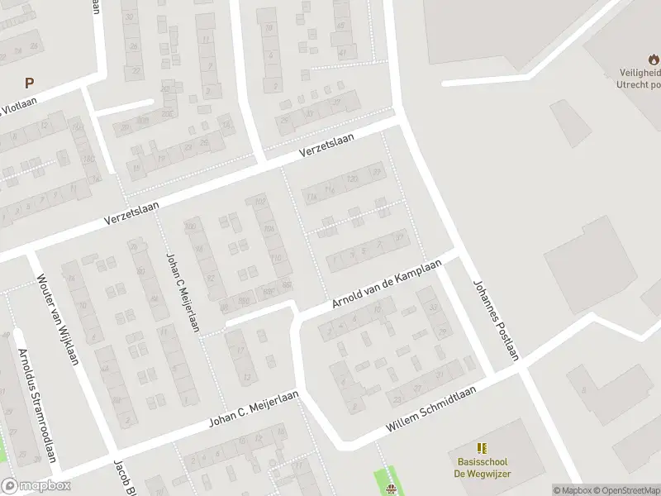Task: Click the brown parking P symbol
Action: point(30,82)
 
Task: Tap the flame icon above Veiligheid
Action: point(654,59)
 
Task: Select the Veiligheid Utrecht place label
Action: point(639,79)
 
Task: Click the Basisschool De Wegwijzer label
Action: point(482,467)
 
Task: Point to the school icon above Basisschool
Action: point(482,447)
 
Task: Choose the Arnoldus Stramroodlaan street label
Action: point(38,406)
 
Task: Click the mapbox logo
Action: point(34,486)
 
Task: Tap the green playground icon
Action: point(392,488)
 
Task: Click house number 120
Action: point(353,179)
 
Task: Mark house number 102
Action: point(260,201)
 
